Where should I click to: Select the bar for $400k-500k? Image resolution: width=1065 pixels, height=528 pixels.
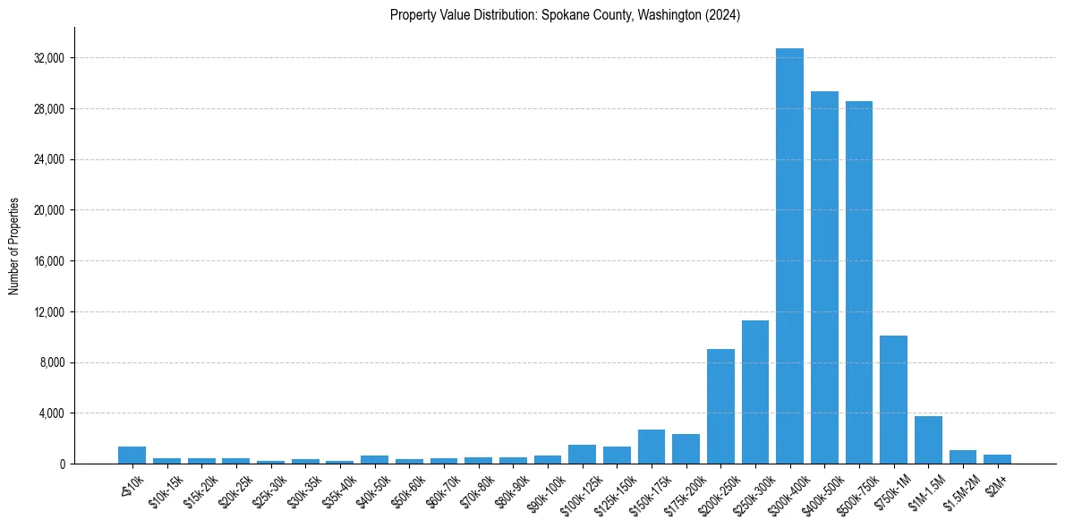[x=824, y=277]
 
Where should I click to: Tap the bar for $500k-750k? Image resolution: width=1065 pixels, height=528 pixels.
[x=858, y=283]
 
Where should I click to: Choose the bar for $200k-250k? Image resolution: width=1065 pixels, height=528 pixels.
[x=720, y=406]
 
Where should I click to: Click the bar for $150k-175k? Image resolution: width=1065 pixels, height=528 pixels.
[x=652, y=447]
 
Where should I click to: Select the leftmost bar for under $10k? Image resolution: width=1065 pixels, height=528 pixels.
[x=132, y=456]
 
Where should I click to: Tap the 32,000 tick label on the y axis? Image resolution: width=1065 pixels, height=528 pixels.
[x=48, y=58]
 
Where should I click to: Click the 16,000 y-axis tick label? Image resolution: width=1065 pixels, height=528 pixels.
[x=48, y=261]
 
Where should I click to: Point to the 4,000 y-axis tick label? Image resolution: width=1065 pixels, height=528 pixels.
[x=51, y=413]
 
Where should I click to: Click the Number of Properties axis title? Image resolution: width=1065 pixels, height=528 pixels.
[x=14, y=245]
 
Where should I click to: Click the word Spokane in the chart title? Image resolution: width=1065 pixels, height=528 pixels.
[x=562, y=15]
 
